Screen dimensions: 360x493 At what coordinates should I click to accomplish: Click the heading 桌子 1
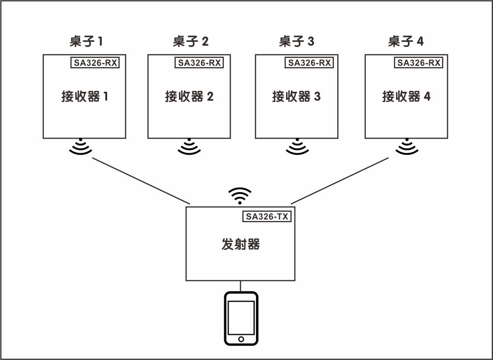(x=87, y=41)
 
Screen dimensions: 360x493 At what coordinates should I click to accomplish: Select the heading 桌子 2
(x=191, y=41)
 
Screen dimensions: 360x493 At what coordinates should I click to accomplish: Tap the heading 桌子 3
(x=296, y=41)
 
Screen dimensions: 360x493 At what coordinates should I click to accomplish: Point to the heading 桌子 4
(x=406, y=41)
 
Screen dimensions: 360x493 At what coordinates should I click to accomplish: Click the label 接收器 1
(x=85, y=96)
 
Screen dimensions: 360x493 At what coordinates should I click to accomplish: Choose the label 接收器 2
(x=189, y=96)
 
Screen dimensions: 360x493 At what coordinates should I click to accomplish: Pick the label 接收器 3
(x=296, y=96)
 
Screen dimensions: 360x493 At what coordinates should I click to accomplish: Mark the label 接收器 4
(x=406, y=96)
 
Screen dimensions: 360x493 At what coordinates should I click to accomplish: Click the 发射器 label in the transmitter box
(x=240, y=244)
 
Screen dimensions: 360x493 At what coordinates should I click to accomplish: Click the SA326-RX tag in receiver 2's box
(x=199, y=62)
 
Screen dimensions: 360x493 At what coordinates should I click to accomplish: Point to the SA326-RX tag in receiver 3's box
(x=309, y=62)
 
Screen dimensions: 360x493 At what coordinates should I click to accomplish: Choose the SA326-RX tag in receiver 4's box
(x=418, y=62)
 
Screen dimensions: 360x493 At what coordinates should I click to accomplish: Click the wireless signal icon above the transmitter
(x=240, y=195)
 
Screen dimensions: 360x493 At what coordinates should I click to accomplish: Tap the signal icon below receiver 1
(x=81, y=147)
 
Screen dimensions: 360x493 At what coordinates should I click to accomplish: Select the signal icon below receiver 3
(x=296, y=147)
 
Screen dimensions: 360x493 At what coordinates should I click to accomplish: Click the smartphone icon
(x=241, y=318)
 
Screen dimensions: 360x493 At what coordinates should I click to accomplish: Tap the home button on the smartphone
(x=241, y=339)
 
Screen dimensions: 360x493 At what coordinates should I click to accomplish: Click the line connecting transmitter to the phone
(x=240, y=286)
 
